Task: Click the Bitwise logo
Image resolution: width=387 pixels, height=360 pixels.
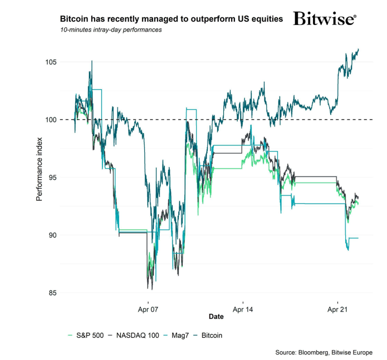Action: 324,18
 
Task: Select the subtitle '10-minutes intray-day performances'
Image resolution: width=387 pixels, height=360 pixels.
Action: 111,30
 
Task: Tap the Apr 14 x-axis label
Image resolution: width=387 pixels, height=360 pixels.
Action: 243,308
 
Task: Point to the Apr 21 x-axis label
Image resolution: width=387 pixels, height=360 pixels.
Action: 337,308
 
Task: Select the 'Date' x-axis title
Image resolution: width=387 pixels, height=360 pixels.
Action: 216,317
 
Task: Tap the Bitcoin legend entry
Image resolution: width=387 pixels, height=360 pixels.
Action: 212,336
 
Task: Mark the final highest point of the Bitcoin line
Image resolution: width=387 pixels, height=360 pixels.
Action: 359,49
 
